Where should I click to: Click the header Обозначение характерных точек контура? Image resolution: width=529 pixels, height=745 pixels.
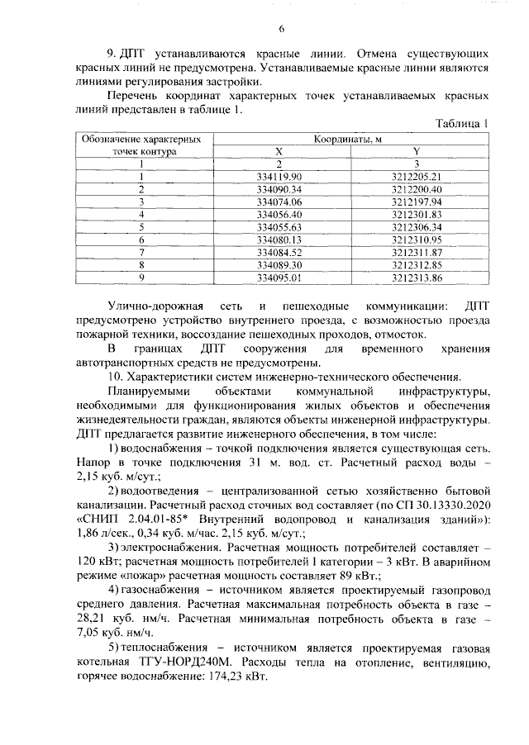(141, 145)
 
